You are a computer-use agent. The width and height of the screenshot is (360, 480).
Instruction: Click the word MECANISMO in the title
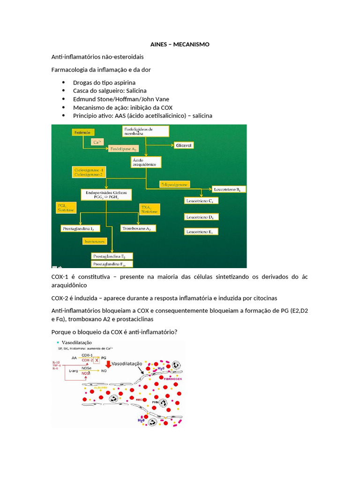pos(191,44)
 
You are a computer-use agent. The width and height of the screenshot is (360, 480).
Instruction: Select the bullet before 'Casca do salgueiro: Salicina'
pos(63,90)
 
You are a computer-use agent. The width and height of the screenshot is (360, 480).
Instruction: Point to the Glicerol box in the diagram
pos(184,145)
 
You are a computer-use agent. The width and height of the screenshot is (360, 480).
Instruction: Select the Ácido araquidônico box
pos(146,163)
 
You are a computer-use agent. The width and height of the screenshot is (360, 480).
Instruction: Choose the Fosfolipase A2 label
pos(123,149)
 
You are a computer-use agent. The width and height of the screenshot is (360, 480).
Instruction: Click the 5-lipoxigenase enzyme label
pos(174,185)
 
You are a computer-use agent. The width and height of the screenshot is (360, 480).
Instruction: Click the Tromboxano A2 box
pos(138,228)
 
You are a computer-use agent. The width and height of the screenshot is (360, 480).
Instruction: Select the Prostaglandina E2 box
pos(112,256)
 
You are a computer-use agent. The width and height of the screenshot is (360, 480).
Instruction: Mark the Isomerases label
pos(95,241)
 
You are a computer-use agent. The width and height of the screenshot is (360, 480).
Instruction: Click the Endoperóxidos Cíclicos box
pos(109,195)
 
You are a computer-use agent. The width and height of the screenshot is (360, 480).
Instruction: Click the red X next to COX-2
pos(97,360)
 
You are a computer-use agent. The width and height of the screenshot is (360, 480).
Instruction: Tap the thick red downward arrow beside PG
pos(108,363)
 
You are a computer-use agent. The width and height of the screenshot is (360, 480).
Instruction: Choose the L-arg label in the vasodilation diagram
pos(74,370)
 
